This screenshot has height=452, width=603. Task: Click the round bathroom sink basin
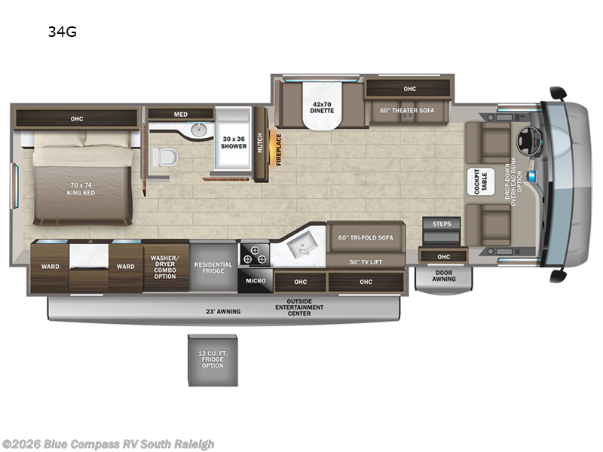(199, 130)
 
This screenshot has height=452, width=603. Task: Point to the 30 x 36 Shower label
(234, 142)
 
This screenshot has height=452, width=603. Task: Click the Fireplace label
(278, 149)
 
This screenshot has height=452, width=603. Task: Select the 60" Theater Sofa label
(407, 111)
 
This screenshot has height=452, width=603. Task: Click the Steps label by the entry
(441, 224)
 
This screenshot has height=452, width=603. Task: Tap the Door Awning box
(443, 276)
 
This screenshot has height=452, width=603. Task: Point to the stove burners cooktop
(253, 255)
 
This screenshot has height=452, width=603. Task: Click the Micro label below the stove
(253, 282)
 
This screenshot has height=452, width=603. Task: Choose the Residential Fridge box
(213, 267)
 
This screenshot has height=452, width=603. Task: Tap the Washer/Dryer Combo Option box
(165, 267)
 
